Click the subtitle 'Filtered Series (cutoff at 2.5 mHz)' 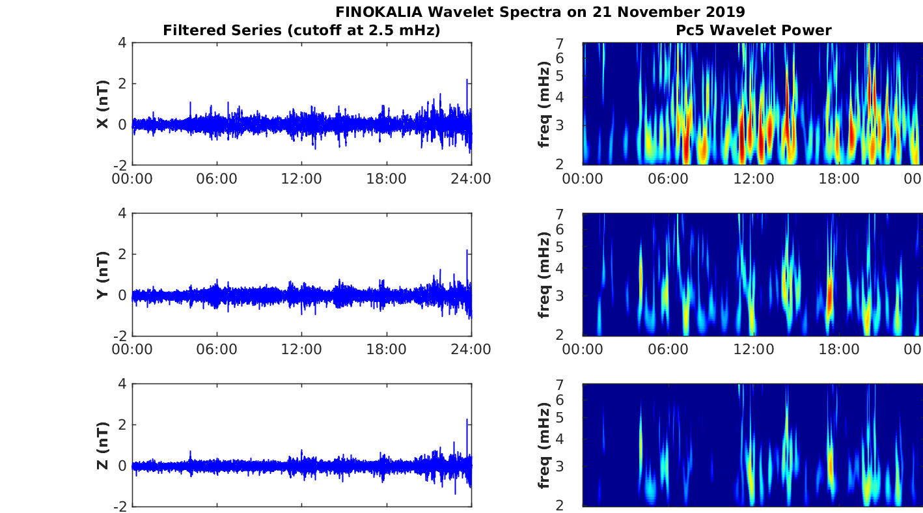click(301, 30)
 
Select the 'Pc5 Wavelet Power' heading click(753, 30)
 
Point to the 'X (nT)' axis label click(102, 104)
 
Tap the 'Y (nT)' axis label click(102, 275)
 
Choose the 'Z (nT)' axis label click(102, 445)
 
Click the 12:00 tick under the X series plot click(301, 179)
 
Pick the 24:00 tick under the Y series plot click(471, 350)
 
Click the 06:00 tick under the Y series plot click(217, 350)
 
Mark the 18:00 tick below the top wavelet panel click(838, 179)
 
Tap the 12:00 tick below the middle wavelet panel click(753, 350)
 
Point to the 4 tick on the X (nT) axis click(121, 43)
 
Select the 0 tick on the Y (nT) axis click(121, 295)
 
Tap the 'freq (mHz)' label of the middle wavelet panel click(545, 275)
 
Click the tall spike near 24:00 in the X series click(467, 82)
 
